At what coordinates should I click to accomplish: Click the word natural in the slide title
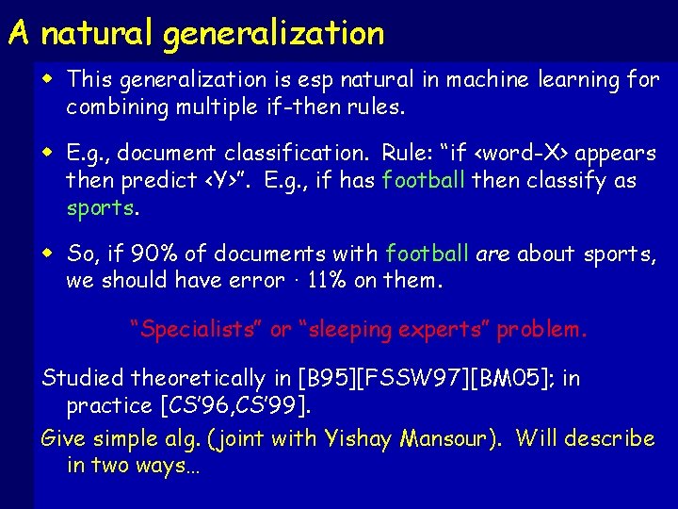point(99,33)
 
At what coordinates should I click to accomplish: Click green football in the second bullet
point(424,180)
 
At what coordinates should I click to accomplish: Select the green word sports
point(100,207)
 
